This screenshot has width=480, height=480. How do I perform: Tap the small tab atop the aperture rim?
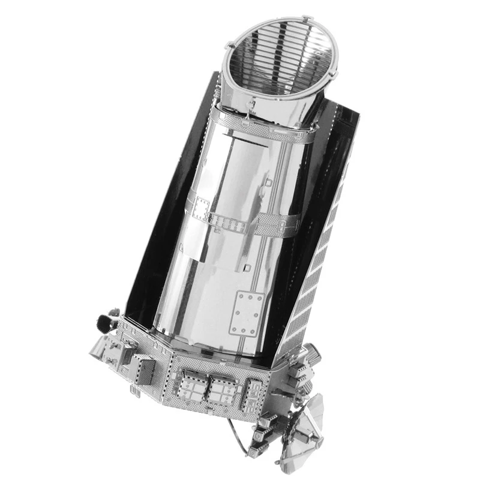coord(308,20)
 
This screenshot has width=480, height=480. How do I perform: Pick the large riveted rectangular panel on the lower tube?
coord(247,313)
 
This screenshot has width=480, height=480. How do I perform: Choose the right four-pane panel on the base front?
coord(223,390)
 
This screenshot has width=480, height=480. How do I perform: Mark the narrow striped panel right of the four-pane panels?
coord(255,396)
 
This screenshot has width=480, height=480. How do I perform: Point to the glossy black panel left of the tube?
coord(147,240)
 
